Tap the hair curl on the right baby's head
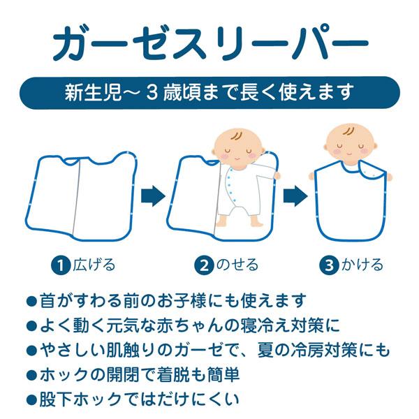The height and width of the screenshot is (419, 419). coord(346,132)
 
